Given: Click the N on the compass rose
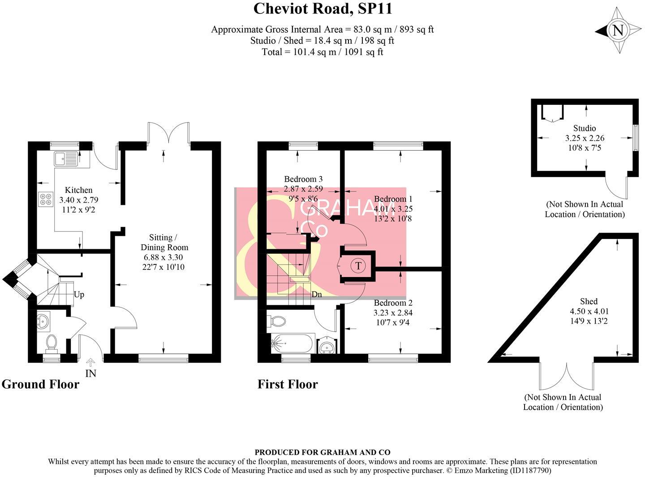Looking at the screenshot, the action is click(619, 30).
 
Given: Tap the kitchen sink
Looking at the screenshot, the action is click(66, 159).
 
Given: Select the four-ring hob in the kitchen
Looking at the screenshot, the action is click(46, 199).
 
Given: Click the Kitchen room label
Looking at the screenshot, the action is click(78, 190).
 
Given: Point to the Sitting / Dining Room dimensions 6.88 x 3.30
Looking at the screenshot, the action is click(163, 257).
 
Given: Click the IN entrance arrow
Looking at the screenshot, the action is click(91, 363).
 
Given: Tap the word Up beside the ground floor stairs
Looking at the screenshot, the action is click(79, 295).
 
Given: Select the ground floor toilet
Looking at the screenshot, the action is click(52, 344).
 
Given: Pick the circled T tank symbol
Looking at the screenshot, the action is click(358, 266).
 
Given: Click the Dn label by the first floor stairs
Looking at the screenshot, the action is click(317, 295).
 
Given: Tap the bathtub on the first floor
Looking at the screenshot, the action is click(292, 343).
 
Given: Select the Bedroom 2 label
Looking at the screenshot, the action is click(393, 303).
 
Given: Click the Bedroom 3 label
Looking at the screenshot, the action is click(303, 179).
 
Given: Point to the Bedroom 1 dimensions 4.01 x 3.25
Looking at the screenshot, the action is click(393, 208).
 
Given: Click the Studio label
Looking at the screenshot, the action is click(585, 128).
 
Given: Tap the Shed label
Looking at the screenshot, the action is click(589, 301).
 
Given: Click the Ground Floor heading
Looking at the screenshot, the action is click(40, 384).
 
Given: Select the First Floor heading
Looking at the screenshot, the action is click(288, 384).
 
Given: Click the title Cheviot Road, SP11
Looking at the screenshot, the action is click(323, 9).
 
